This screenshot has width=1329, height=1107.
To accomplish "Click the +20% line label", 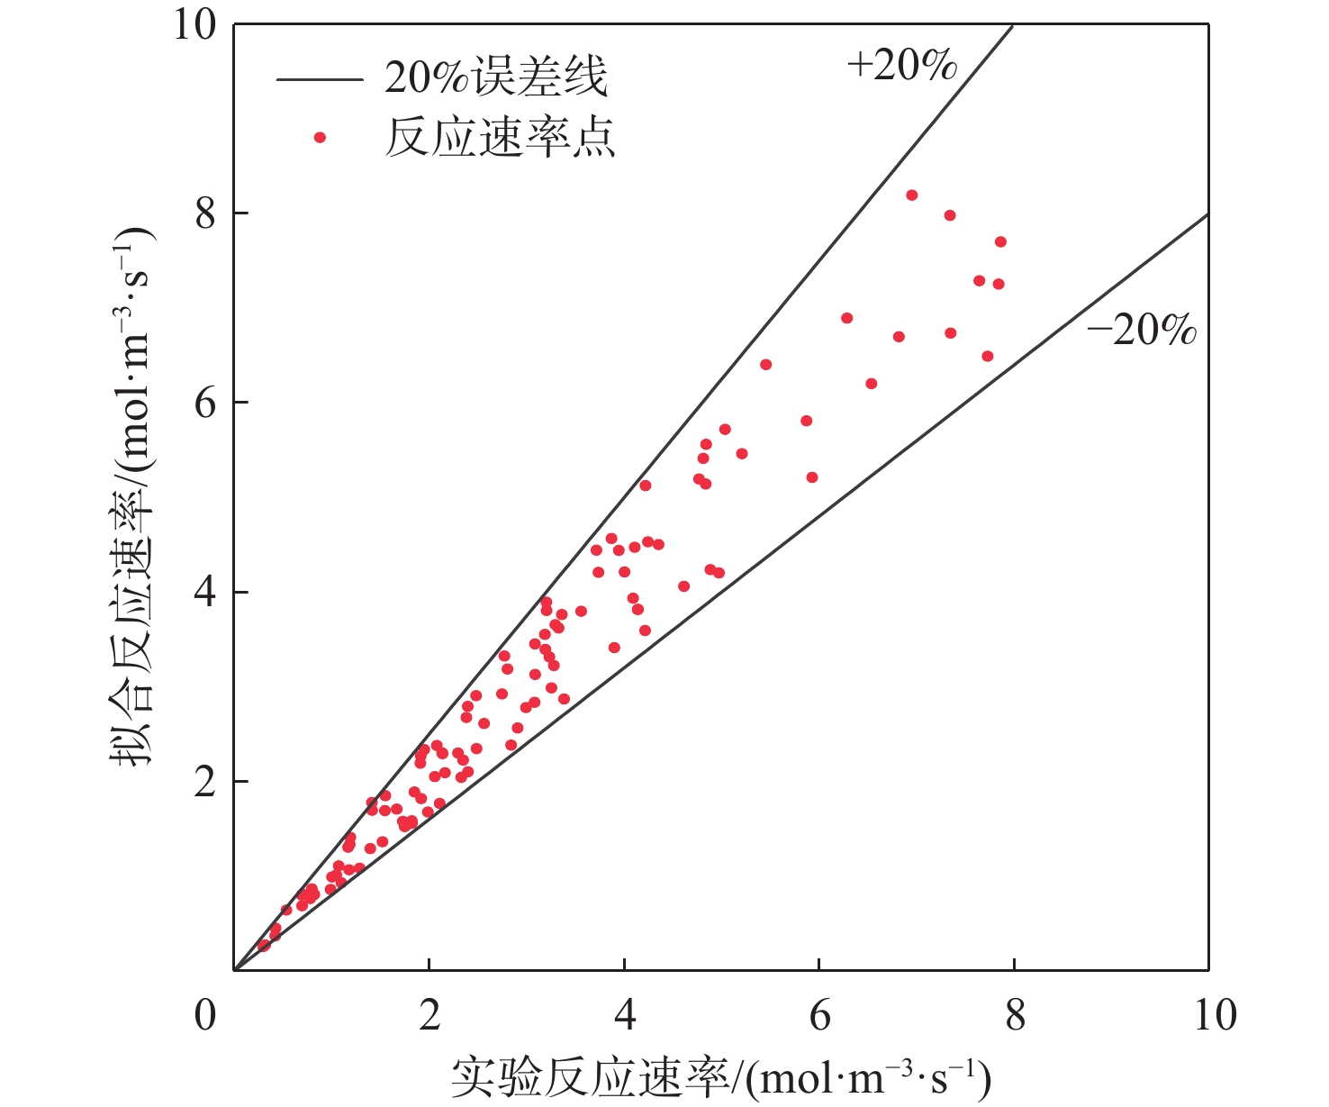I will [901, 65].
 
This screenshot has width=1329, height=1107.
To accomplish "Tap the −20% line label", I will [1142, 331].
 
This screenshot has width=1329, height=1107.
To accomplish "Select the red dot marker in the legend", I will [319, 137].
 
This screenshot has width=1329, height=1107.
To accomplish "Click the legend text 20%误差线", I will [496, 78].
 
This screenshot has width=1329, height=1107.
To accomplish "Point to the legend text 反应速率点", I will [500, 138].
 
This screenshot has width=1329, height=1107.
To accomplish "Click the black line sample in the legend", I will [319, 79].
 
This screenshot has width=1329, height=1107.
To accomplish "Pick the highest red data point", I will [911, 195].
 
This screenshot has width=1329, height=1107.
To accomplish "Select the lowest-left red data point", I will [263, 946].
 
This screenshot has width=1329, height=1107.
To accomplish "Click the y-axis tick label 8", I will [206, 214].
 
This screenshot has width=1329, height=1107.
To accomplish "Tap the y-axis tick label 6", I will [206, 403].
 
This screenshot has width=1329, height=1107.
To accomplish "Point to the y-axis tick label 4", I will [206, 593].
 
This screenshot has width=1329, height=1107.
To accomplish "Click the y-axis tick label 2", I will [206, 782].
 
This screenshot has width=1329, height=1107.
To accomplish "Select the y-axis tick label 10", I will [195, 25].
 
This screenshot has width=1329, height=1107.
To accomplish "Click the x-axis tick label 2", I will [429, 1015].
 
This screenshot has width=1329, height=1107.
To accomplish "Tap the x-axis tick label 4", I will [624, 1015].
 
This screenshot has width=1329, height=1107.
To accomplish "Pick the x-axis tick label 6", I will [819, 1015].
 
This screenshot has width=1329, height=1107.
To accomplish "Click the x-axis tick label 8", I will [1015, 1015].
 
